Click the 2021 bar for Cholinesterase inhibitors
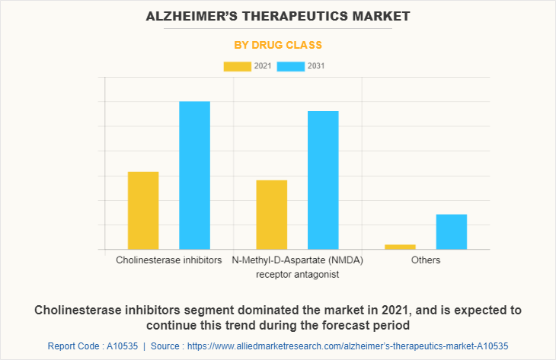click(143, 211)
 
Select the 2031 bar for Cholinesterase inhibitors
click(194, 175)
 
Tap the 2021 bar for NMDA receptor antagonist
click(272, 215)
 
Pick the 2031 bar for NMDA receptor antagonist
click(323, 180)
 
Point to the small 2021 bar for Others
click(400, 247)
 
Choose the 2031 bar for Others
click(451, 231)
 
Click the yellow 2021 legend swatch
click(237, 66)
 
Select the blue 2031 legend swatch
click(290, 66)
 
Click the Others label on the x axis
click(426, 260)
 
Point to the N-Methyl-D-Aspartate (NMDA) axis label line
click(297, 260)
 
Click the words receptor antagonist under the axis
click(297, 274)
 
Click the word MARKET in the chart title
click(377, 15)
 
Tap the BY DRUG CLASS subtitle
click(278, 45)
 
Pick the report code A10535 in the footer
click(119, 346)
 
